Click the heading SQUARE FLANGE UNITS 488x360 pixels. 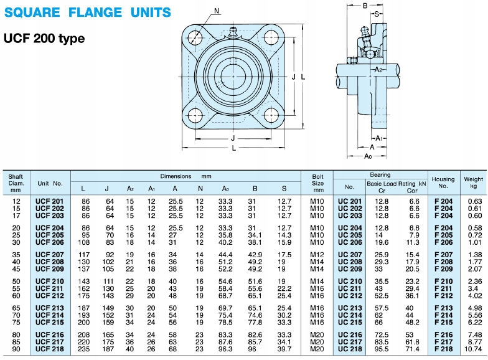click(88, 12)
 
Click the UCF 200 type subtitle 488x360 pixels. click(44, 39)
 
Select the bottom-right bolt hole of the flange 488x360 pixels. click(270, 116)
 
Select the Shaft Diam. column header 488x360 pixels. click(16, 183)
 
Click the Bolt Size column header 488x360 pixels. click(317, 183)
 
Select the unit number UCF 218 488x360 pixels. click(50, 349)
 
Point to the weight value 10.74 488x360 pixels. click(474, 349)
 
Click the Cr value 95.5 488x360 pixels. click(383, 349)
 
